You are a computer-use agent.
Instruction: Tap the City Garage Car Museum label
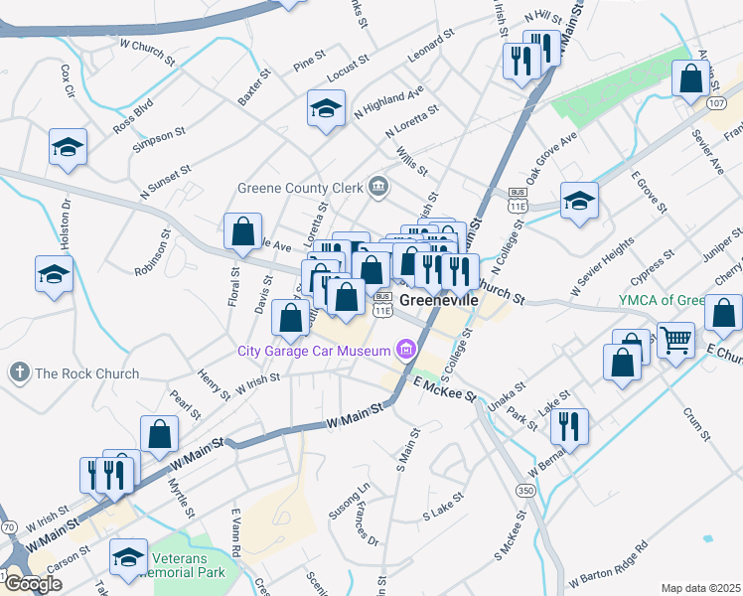coord(313,350)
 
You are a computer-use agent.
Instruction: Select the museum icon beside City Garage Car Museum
coord(404,349)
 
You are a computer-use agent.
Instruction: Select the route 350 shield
coord(524,491)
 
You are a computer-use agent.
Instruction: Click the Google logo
coord(32,584)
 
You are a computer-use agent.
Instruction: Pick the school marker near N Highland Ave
coord(326,109)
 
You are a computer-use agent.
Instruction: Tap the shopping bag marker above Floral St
coord(242,232)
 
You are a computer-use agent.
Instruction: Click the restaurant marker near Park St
coord(568,426)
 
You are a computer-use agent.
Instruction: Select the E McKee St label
coord(446,389)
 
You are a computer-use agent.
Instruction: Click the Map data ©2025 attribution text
coord(701,588)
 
